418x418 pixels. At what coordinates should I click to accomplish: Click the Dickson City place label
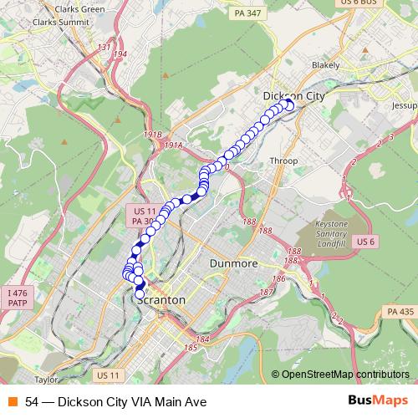tap(292, 95)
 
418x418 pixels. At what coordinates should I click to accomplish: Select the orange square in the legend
tap(11, 402)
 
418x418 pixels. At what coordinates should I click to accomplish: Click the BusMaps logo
tap(378, 401)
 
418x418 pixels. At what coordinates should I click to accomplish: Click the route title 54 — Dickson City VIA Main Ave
tap(115, 402)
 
